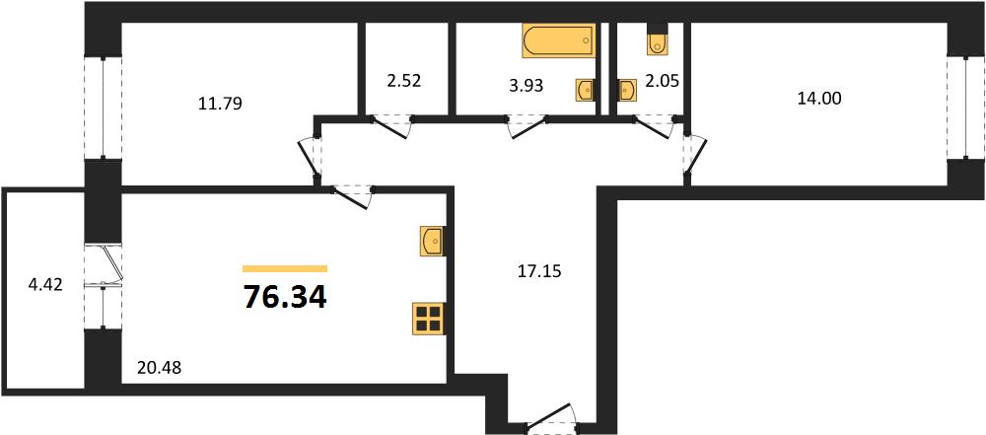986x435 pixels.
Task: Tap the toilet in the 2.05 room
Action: pos(657,39)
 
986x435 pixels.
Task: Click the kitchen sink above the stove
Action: pos(432,241)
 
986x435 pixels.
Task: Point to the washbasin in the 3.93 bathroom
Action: pos(586,90)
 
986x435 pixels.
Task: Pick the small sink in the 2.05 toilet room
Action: pos(627,90)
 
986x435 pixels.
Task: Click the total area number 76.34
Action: pos(285,297)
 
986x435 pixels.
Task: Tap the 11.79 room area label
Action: pos(220,103)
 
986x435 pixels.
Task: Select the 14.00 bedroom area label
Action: pos(819,99)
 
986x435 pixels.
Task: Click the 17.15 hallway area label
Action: pos(537,272)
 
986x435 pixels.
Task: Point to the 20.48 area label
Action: pos(159,368)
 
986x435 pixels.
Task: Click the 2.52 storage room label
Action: pos(402,81)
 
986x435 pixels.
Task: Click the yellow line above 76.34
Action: pos(285,269)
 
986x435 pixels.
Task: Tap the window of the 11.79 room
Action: pos(104,107)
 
